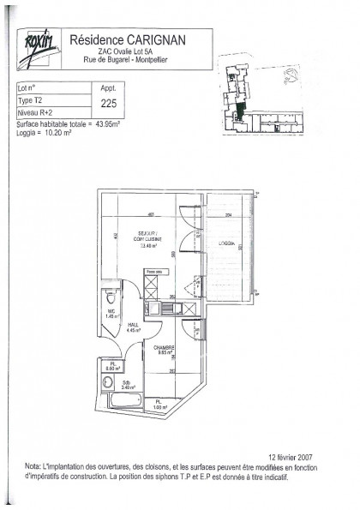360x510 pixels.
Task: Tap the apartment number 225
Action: click(110, 103)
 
